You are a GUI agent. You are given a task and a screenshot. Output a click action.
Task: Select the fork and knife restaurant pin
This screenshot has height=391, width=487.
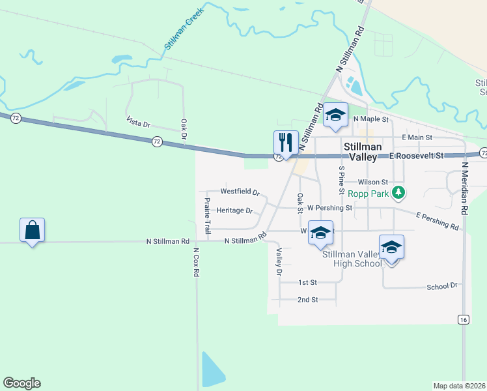pyautogui.click(x=286, y=143)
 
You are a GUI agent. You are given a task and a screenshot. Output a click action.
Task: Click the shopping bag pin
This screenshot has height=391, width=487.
pyautogui.click(x=32, y=230)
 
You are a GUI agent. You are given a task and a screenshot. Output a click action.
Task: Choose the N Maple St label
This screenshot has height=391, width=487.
pyautogui.click(x=370, y=119)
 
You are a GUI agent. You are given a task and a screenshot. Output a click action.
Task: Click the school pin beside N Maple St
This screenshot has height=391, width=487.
pyautogui.click(x=335, y=115)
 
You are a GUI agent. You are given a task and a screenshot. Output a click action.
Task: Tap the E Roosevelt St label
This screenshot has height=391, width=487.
pyautogui.click(x=416, y=156)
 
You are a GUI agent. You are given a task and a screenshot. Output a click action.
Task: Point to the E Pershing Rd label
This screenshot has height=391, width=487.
pyautogui.click(x=437, y=220)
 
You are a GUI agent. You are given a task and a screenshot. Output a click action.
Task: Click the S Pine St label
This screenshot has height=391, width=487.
pyautogui.click(x=341, y=181)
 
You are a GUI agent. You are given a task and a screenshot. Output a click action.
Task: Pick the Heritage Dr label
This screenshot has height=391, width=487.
pyautogui.click(x=234, y=210)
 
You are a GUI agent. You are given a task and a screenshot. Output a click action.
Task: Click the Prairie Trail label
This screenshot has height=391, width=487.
pyautogui.click(x=207, y=216)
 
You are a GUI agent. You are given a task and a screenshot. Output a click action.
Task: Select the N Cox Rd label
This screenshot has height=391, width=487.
pyautogui.click(x=195, y=261)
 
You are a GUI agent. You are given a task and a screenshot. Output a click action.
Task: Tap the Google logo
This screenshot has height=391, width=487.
pyautogui.click(x=21, y=383)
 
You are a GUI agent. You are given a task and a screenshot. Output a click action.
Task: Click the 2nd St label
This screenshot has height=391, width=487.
pyautogui.click(x=307, y=300)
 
